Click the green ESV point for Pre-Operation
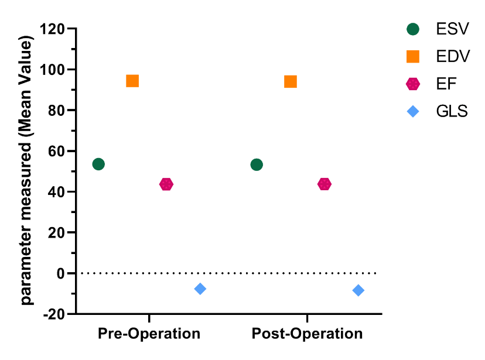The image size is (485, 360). click(x=98, y=164)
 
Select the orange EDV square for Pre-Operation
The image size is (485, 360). click(x=132, y=81)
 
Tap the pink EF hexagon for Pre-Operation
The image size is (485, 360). click(x=166, y=184)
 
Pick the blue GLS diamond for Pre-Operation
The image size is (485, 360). click(x=200, y=289)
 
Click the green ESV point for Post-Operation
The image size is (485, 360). click(x=257, y=164)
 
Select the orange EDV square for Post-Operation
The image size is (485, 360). click(x=291, y=81)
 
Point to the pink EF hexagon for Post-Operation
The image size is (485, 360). click(x=325, y=184)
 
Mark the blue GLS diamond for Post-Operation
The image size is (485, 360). click(x=358, y=290)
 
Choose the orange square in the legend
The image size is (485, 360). click(x=414, y=56)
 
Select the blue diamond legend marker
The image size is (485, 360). click(x=414, y=111)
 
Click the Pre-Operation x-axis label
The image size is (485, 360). click(x=149, y=334)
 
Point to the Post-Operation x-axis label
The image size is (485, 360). click(x=307, y=334)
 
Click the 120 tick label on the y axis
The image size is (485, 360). click(x=52, y=29)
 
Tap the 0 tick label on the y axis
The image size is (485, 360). click(x=60, y=273)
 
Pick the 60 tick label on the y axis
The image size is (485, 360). click(x=56, y=151)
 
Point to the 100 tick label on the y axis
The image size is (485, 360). click(x=52, y=70)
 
